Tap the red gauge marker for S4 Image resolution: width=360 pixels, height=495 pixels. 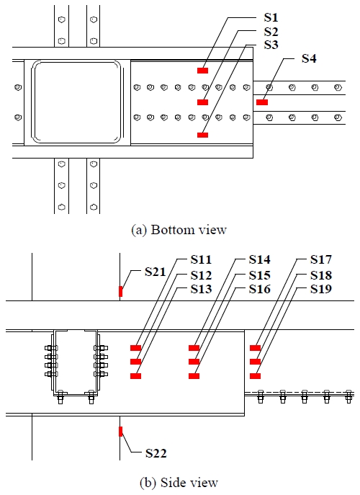coord(261,102)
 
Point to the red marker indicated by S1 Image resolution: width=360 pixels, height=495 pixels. coord(203,71)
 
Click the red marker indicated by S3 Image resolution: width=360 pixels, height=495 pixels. coord(202,135)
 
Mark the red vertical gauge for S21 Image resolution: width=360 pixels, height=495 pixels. coord(120,291)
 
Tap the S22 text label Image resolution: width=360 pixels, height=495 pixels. coord(156,453)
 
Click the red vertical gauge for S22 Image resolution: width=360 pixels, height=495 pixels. coord(120,432)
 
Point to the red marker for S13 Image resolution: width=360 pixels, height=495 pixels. coord(135,375)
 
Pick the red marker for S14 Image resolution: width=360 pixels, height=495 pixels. coord(194,347)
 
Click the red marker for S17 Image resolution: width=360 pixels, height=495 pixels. coord(255,347)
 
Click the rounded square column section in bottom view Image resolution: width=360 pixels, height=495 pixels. coord(77,102)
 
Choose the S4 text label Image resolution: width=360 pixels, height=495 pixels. coord(309,58)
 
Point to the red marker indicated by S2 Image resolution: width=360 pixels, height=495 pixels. coord(202,102)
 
